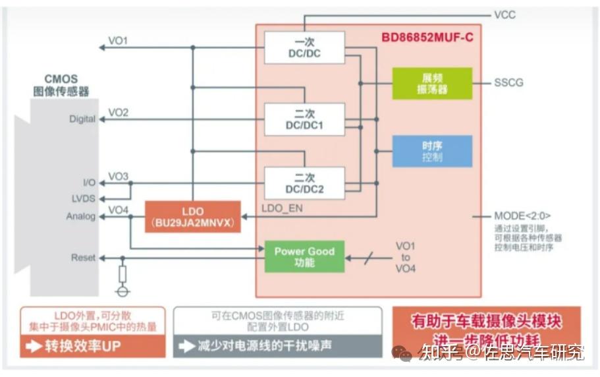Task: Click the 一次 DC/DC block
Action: point(304,47)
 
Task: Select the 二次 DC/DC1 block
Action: point(304,119)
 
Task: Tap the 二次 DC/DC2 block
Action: point(304,183)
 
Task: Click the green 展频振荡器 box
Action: point(432,83)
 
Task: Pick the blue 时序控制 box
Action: point(432,151)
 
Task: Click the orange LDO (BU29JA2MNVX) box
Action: point(192,217)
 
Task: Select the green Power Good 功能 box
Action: point(304,256)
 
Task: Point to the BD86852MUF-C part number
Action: point(427,38)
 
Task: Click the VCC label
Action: point(505,14)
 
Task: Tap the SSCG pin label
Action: point(509,83)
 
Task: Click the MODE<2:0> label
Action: point(522,216)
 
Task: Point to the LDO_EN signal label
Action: point(282,207)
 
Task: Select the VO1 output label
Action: point(118,41)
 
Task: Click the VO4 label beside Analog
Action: point(118,210)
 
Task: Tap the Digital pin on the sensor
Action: point(82,119)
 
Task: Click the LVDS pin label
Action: point(84,197)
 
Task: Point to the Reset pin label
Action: point(84,258)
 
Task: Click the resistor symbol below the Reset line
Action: point(121,273)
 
